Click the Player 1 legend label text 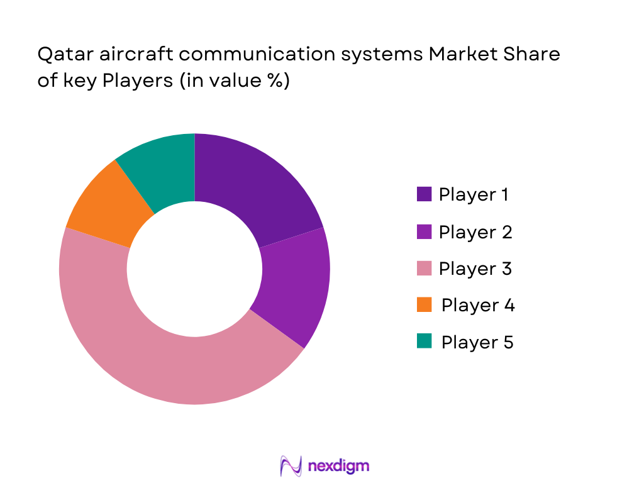coord(474,195)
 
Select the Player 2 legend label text coord(475,232)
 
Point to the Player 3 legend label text coord(475,269)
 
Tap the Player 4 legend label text coord(478,306)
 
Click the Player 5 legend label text coord(477,343)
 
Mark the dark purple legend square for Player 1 coord(424,194)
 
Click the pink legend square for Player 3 coord(424,269)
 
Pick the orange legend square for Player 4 coord(424,305)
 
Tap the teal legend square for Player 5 coord(424,341)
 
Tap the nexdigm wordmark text coord(339,466)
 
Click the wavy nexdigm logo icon coord(291,466)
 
